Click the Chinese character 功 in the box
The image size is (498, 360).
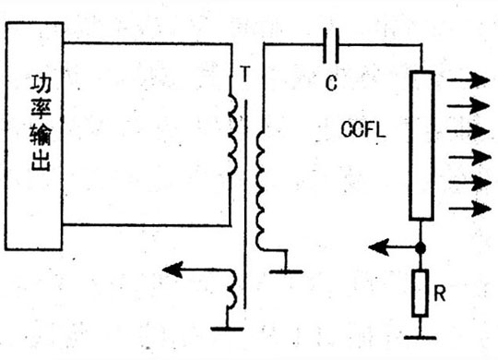click(x=41, y=84)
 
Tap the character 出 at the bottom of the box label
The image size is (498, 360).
click(x=41, y=162)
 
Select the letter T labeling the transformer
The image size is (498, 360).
click(x=245, y=74)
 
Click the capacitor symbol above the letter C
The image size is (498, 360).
click(x=331, y=45)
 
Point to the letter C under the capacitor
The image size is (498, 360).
click(x=331, y=83)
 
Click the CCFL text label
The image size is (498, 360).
click(x=363, y=129)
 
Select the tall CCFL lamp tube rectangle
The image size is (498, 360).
click(x=421, y=146)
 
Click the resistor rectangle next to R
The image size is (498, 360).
click(x=420, y=293)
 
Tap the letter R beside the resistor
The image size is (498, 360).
click(x=440, y=294)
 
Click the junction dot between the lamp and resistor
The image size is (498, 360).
click(x=421, y=247)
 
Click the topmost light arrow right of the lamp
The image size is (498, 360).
click(x=468, y=80)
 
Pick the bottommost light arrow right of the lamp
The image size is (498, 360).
click(x=470, y=209)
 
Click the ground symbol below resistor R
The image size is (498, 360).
click(x=420, y=337)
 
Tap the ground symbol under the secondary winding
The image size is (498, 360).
click(x=286, y=271)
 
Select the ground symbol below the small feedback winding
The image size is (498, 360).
click(x=227, y=329)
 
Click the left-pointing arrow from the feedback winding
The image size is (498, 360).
click(x=197, y=270)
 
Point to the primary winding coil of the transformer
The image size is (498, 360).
click(x=232, y=135)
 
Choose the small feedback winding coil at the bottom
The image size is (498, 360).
click(x=231, y=289)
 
